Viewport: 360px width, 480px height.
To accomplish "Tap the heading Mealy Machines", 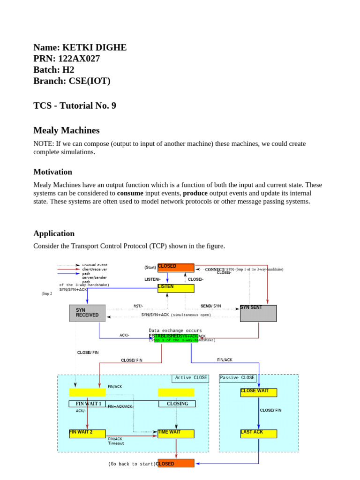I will (x=66, y=130).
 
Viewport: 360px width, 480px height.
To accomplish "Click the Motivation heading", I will (x=52, y=172).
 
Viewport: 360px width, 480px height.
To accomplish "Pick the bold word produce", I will (x=195, y=193).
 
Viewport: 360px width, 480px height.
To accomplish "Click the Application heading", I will (x=54, y=233).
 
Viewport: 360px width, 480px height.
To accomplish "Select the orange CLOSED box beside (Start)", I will (x=176, y=268).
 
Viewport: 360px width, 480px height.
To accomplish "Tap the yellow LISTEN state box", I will (x=176, y=288).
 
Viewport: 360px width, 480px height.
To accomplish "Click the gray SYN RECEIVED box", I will (x=87, y=313).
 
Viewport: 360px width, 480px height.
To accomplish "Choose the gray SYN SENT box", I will (x=258, y=313).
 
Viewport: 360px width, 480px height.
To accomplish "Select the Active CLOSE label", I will (x=190, y=378).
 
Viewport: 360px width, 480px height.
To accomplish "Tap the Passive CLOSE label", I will (x=237, y=378).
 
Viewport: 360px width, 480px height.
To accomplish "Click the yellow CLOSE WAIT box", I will (x=258, y=392).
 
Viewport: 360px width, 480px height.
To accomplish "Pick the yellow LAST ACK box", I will (x=258, y=434).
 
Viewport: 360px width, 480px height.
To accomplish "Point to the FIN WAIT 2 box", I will (x=87, y=434).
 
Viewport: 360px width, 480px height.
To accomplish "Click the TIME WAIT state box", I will (x=176, y=434).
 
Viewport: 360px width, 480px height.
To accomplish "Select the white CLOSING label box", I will (x=177, y=404).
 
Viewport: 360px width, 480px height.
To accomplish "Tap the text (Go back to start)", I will (x=131, y=464).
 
